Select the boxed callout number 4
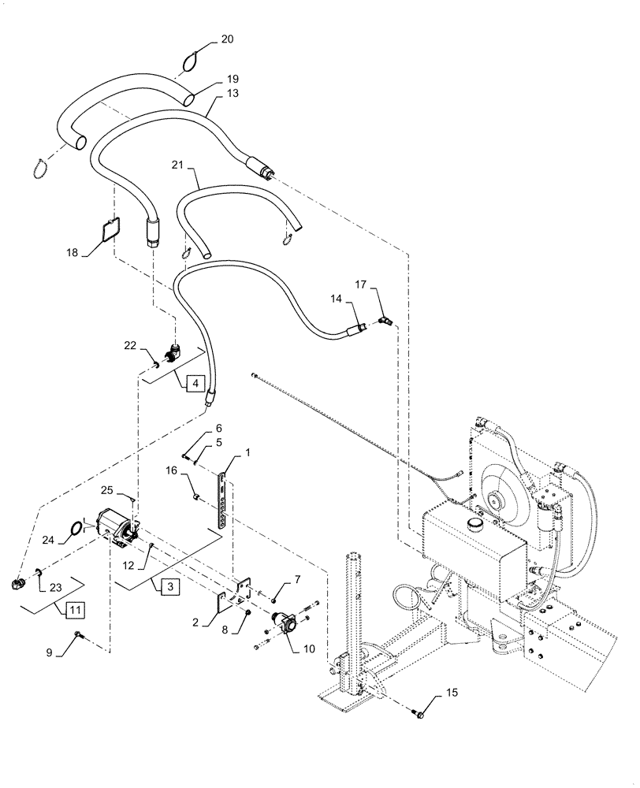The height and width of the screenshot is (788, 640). [x=197, y=384]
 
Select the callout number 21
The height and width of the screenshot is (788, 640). [x=177, y=165]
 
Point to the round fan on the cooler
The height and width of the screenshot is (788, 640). [x=498, y=499]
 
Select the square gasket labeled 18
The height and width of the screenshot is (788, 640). [x=110, y=228]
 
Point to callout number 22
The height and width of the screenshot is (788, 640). [x=130, y=346]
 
